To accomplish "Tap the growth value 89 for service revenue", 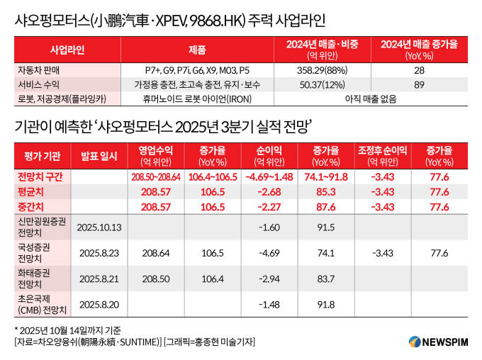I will pos(419,84).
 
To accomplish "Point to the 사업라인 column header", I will pos(67,50).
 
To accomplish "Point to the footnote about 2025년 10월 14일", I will pos(67,330).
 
